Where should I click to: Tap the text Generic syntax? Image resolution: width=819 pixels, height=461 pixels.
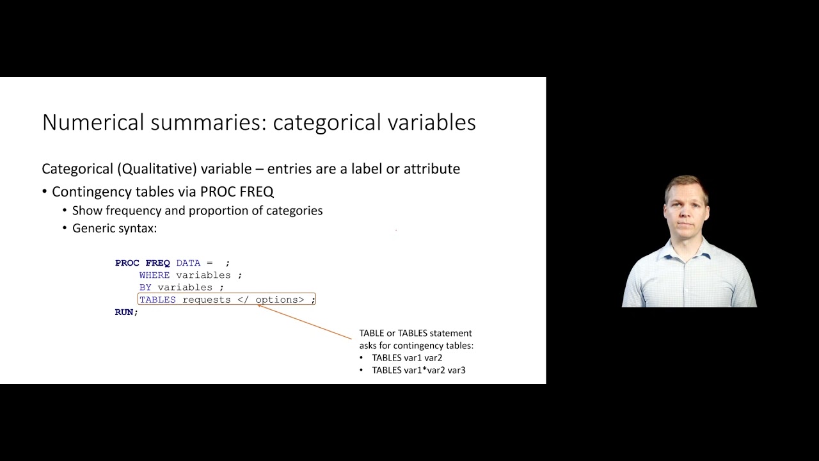(x=115, y=228)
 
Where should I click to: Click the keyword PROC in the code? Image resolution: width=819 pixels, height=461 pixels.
(x=127, y=263)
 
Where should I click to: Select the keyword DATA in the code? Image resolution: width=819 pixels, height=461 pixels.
(x=188, y=263)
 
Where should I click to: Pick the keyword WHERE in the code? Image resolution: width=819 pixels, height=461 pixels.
(x=154, y=275)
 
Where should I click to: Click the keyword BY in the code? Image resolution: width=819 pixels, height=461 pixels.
(x=145, y=287)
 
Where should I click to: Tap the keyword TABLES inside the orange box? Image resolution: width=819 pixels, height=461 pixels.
(x=157, y=300)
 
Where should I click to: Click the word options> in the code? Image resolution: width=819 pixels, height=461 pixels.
(x=280, y=300)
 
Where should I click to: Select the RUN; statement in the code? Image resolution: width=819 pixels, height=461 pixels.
(x=126, y=312)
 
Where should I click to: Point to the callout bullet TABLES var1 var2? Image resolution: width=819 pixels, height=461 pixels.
(x=407, y=358)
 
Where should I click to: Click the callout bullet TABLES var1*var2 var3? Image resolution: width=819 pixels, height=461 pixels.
(x=418, y=370)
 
